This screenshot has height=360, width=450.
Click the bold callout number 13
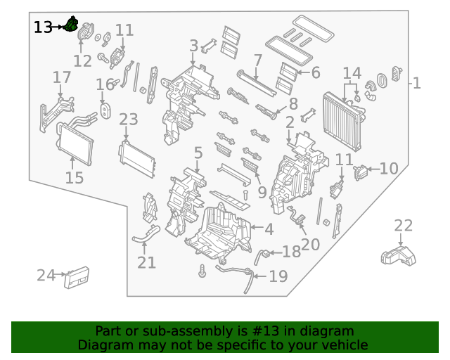point(43,27)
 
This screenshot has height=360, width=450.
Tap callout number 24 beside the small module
point(46,275)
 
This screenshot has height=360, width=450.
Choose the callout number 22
point(403,226)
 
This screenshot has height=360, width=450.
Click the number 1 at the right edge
point(416,84)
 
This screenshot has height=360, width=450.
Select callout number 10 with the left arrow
point(389,169)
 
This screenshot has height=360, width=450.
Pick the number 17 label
point(62,77)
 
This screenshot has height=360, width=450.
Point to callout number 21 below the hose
point(146,263)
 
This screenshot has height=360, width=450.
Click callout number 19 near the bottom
point(278,276)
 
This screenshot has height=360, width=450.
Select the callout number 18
point(291,252)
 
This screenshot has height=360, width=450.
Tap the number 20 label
point(310,244)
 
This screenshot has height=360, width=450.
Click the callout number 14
point(352,72)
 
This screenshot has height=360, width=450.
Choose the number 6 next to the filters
point(315,72)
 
